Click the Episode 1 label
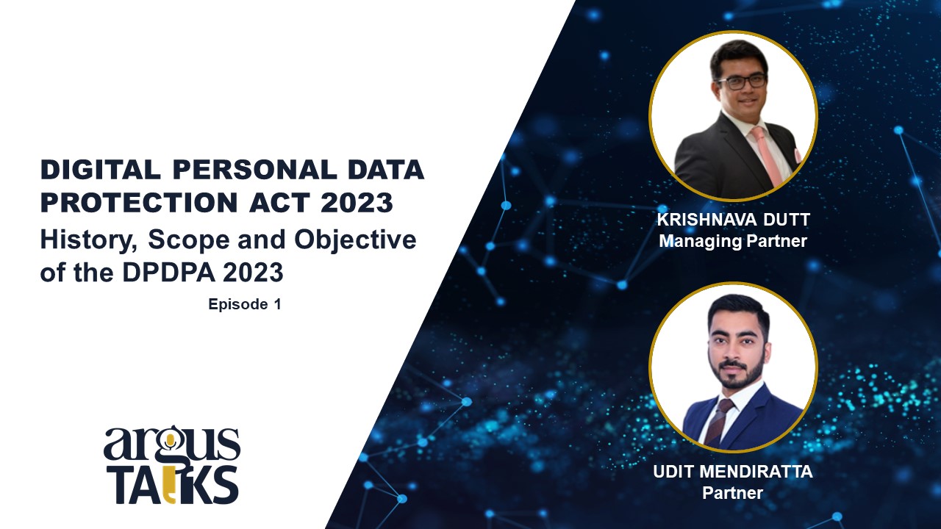[x=245, y=304]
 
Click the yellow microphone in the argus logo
[x=170, y=442]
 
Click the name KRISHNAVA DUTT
[x=733, y=220]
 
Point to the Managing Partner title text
[x=733, y=241]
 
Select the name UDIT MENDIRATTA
[x=733, y=472]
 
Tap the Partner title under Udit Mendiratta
[x=733, y=493]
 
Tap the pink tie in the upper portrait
[x=767, y=155]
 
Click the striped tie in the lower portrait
[x=718, y=422]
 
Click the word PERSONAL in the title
[x=254, y=170]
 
